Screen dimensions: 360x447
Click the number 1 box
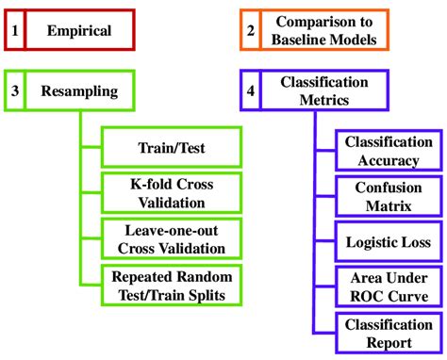tap(15, 31)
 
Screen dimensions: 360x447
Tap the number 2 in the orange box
tap(250, 31)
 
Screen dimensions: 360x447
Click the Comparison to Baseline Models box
tap(323, 31)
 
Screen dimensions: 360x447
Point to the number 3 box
tap(15, 91)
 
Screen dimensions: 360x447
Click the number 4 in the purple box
tap(250, 91)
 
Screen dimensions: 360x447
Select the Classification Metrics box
tap(323, 91)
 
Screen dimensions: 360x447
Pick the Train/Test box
tap(172, 148)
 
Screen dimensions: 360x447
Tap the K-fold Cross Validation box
tap(172, 192)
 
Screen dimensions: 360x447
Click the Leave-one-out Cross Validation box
tap(172, 237)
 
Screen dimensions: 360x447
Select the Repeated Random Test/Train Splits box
tap(172, 285)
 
